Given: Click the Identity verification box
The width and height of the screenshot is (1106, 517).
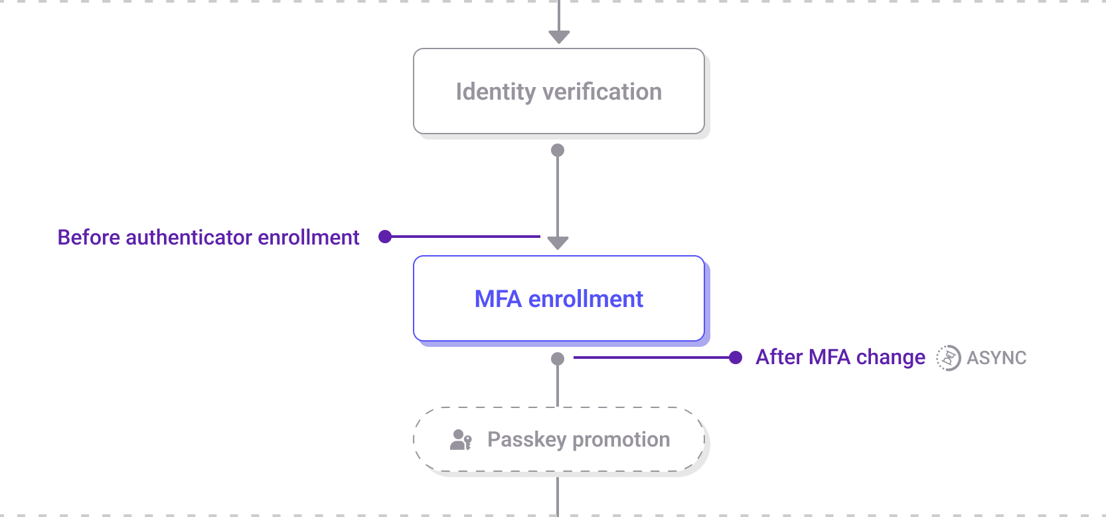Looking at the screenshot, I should point(558,91).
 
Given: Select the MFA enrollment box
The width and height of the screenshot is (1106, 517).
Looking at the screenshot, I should point(558,298).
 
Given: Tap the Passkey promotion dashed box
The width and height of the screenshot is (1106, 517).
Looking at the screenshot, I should point(558,439).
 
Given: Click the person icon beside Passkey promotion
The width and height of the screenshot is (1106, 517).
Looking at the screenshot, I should point(461,440).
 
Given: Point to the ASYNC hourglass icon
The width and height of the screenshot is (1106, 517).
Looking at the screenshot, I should point(949,358).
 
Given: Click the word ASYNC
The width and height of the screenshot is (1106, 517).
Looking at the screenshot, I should point(996,358).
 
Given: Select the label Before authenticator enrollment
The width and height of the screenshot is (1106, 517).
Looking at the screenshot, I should point(208,237).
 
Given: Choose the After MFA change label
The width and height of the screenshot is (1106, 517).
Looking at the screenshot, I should point(840,358).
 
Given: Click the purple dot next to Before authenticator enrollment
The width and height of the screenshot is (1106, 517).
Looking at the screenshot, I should point(385,237).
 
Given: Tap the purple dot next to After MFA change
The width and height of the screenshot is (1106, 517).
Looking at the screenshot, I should point(735,358).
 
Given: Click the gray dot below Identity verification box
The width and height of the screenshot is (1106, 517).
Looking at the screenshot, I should point(558,150).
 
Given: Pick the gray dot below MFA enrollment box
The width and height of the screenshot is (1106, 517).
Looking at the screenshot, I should point(558,359).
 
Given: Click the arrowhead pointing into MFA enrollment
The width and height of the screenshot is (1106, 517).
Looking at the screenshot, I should point(558,243).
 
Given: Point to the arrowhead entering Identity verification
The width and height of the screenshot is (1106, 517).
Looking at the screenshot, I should point(559,37).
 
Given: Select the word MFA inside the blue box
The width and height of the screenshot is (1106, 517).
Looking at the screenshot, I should point(498,299).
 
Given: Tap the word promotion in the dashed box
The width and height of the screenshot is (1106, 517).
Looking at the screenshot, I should point(621,440).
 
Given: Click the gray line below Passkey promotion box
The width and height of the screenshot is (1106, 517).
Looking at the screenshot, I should point(558,496).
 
